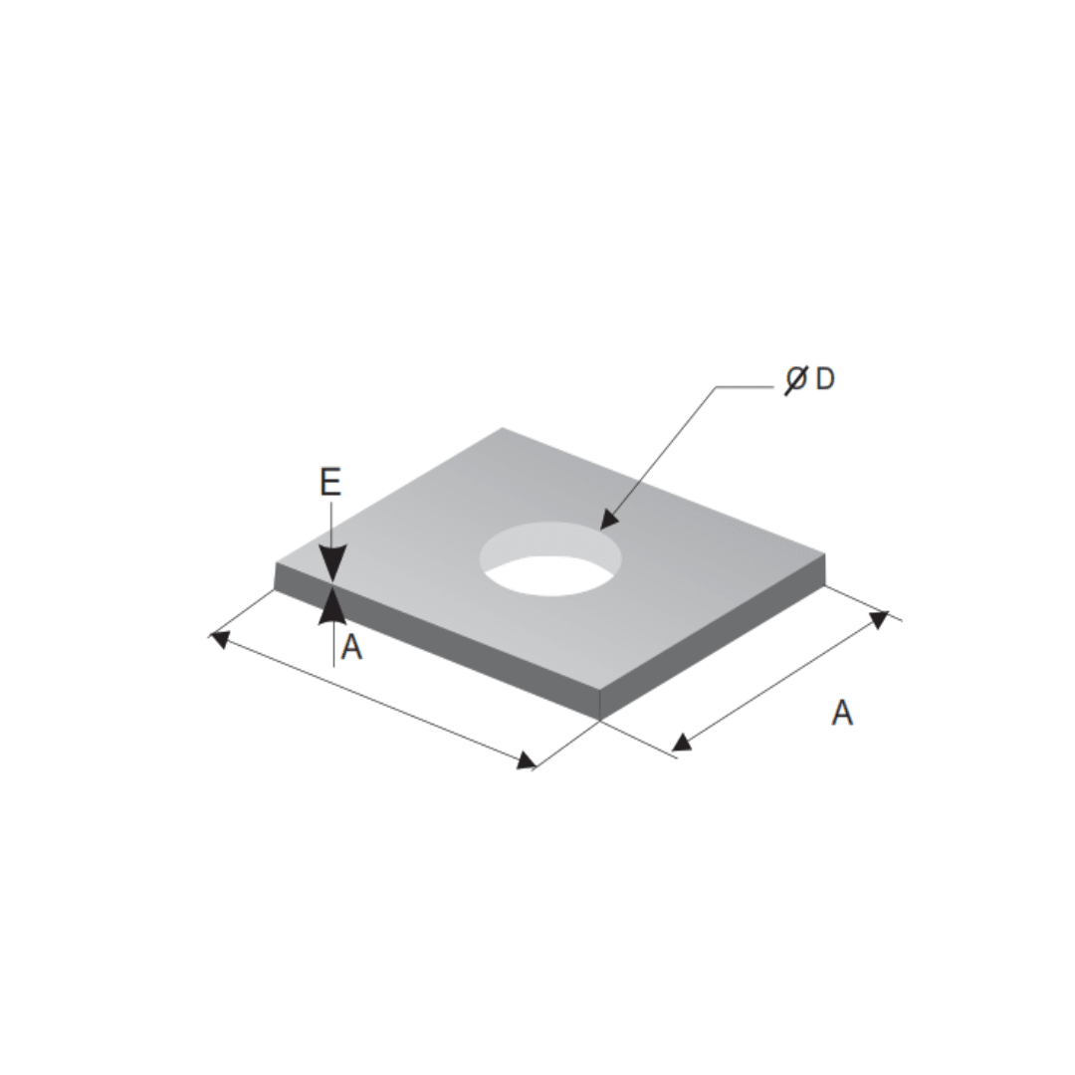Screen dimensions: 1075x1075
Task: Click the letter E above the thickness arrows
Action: tap(330, 483)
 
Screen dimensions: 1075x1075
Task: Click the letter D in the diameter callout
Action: tap(824, 379)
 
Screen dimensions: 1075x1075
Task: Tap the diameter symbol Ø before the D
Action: tap(795, 379)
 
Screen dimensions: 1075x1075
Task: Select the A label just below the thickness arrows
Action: tap(351, 649)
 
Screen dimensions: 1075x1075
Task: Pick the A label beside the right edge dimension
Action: tap(842, 713)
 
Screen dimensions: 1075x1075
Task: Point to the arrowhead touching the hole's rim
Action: tap(607, 521)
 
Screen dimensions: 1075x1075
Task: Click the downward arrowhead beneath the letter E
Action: tap(331, 564)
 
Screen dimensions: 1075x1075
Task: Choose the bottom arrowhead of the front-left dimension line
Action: tap(526, 761)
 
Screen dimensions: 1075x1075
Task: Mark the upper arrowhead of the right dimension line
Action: tap(878, 620)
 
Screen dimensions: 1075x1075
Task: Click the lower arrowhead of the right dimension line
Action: tap(682, 742)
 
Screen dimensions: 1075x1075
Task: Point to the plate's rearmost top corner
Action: tap(502, 428)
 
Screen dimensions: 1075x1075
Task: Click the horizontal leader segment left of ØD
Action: tap(749, 387)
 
